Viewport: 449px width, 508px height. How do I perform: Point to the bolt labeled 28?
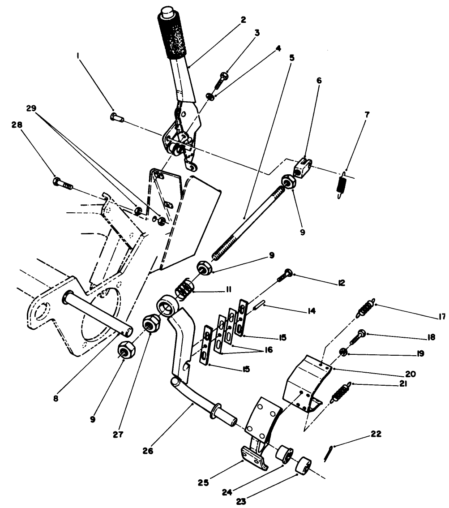click(62, 183)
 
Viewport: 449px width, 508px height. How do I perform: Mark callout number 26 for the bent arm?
click(148, 451)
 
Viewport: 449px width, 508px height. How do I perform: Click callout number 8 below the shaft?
click(55, 397)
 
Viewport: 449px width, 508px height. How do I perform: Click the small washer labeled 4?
click(210, 96)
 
